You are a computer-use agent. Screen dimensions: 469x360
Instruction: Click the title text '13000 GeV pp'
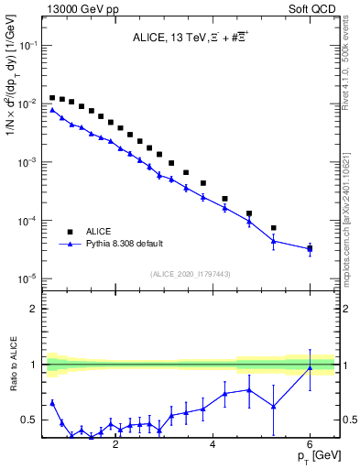74,8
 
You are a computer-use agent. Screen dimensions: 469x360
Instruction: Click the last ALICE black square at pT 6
310,248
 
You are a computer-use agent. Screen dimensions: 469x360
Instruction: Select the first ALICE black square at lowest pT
53,97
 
